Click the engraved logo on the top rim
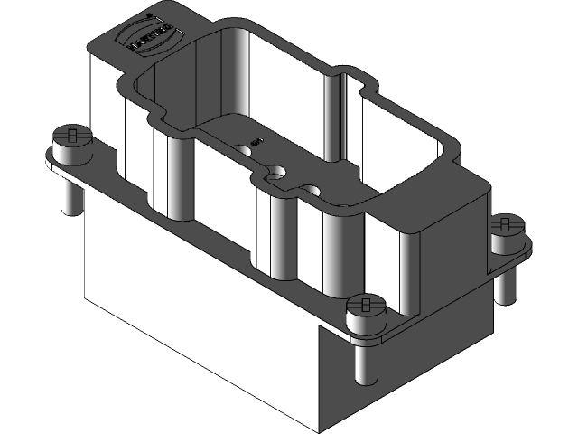(151, 36)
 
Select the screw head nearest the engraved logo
(72, 138)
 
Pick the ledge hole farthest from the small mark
(312, 190)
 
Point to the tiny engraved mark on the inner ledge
(258, 141)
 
